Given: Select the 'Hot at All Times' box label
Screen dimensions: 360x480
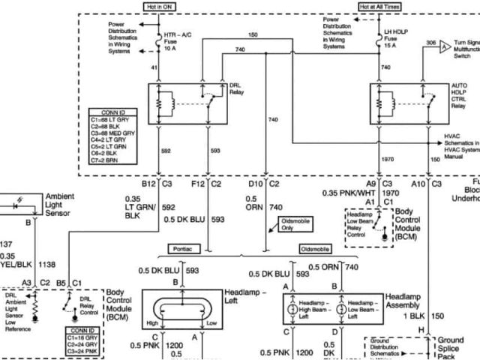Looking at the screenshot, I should pos(380,7).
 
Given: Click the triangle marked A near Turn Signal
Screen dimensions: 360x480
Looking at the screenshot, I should pos(445,46).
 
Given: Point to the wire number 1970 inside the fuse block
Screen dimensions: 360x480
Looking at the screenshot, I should pos(387,160).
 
